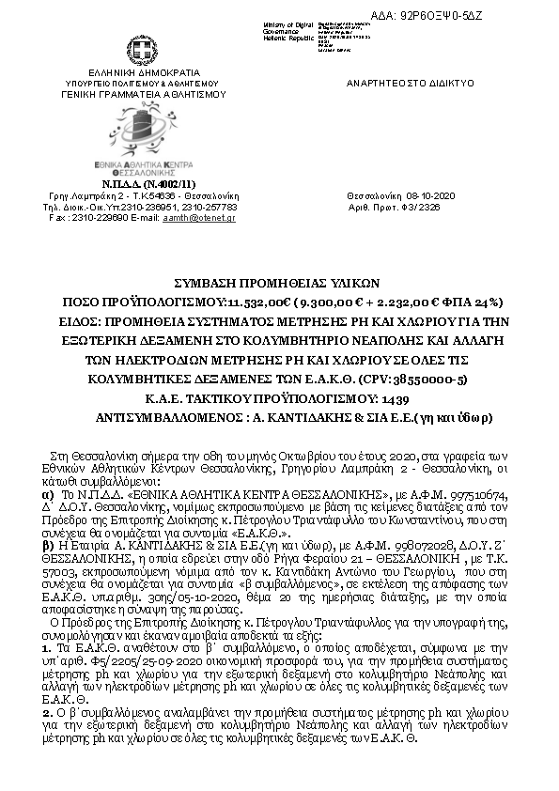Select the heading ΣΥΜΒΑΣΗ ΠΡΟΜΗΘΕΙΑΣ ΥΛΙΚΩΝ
click(279, 282)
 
